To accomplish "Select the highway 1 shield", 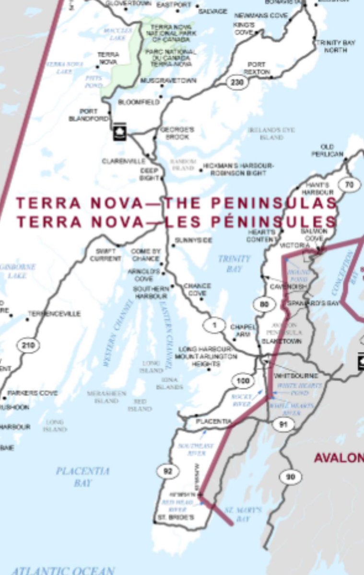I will tap(214, 325).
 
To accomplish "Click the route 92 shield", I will tap(167, 471).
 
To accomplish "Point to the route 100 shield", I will tap(243, 381).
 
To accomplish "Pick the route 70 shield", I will tap(349, 184).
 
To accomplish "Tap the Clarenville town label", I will tap(123, 161).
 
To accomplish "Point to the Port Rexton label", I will tap(257, 68).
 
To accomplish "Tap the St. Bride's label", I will tap(176, 517).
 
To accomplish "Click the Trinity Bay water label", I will tap(234, 264).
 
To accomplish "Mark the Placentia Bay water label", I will tap(82, 476).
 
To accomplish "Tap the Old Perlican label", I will tap(328, 150).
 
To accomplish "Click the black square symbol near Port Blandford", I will tap(120, 133).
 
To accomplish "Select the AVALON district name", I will tap(339, 458).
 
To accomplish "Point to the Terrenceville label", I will tap(54, 314).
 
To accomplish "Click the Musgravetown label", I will tap(168, 81).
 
